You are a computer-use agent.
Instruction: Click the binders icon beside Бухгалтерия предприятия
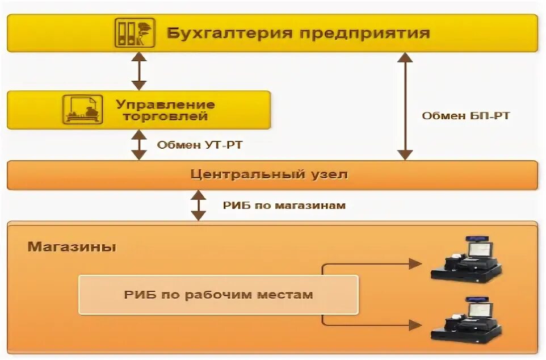135,32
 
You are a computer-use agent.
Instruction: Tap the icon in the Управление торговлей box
83,110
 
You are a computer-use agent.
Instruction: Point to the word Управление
165,104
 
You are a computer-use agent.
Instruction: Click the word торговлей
166,117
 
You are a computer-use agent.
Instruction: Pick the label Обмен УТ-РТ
200,145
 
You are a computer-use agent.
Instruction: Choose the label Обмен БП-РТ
465,116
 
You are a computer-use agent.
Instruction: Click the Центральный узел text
269,174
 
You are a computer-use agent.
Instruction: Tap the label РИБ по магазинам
284,205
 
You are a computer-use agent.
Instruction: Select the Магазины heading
72,247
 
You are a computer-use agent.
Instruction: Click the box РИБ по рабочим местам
219,295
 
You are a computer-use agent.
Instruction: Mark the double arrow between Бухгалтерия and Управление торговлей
139,71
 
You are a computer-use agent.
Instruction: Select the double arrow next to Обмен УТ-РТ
139,145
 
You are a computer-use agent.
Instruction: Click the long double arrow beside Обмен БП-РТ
405,106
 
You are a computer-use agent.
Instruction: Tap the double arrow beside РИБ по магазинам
198,205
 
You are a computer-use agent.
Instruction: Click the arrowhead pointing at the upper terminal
415,263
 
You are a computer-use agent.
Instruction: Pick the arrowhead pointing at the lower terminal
415,325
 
